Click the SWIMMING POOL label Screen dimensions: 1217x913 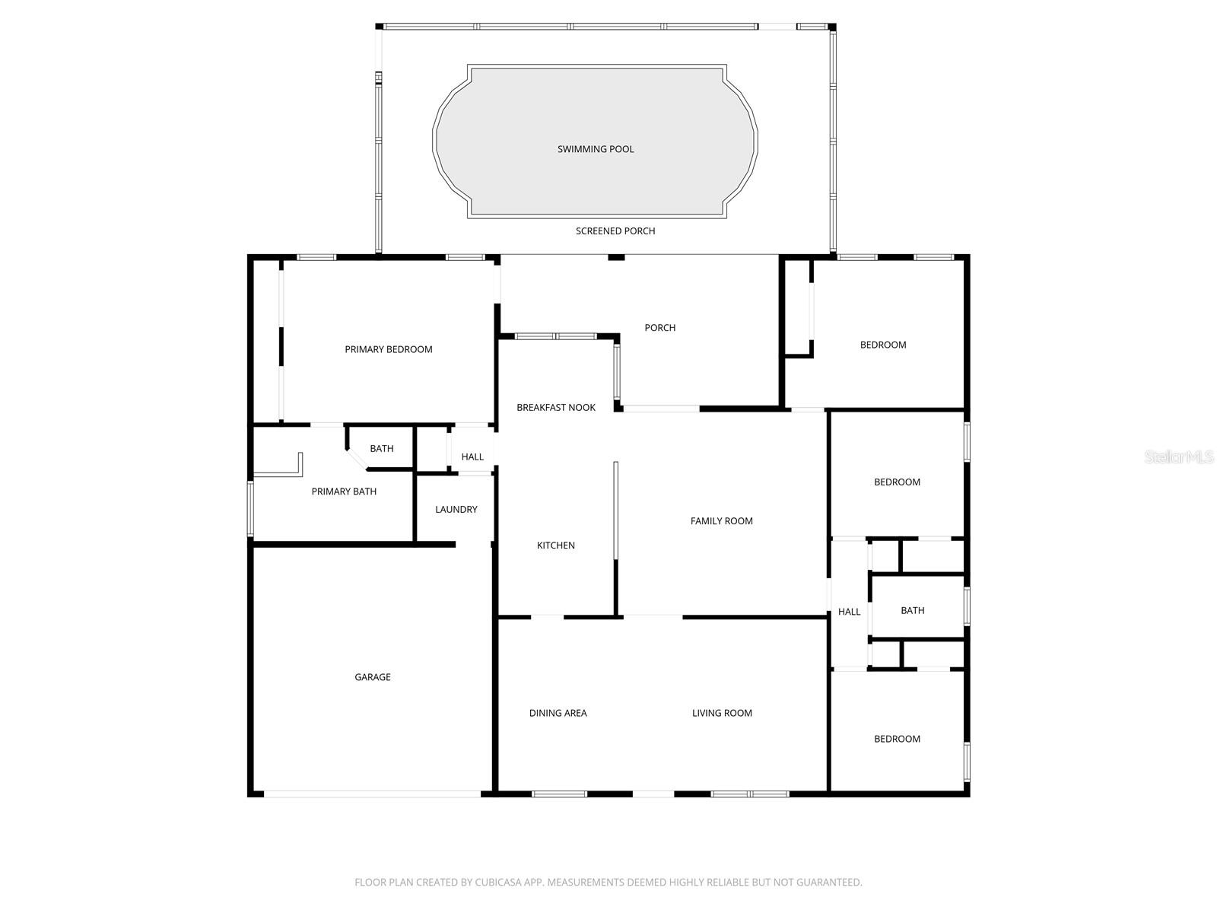coord(596,149)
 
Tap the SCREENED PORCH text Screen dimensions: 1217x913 coord(615,231)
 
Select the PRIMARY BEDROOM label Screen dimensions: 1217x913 coord(388,349)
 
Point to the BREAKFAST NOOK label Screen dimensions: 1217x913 coord(555,408)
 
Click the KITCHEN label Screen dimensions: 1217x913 coord(555,546)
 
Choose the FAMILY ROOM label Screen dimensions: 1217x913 coord(721,521)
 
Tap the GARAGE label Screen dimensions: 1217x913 coord(373,677)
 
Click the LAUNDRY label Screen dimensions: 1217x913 coord(456,510)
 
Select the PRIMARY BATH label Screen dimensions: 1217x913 coord(344,491)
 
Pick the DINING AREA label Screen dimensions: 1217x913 coord(558,713)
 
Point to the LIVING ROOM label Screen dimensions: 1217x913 coord(722,713)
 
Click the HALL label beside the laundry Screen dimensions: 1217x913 coord(472,456)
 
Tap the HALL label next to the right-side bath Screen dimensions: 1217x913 coord(849,612)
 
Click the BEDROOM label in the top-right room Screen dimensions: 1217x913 coord(882,345)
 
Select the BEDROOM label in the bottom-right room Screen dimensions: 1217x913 coord(897,739)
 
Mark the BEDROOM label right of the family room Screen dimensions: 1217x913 coord(897,482)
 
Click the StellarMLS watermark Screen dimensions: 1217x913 coord(1178,456)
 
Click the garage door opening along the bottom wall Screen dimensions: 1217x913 coord(372,794)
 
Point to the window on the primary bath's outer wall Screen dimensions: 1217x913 coord(250,509)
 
